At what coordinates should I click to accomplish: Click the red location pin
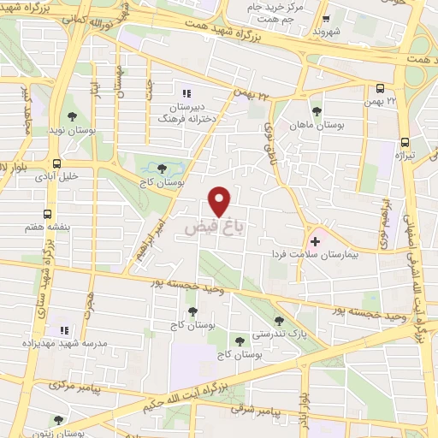tap(220, 200)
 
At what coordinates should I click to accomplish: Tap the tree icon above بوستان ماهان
tap(317, 111)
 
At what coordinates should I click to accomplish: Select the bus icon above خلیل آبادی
tap(56, 163)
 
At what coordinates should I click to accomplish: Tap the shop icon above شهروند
tap(327, 16)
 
